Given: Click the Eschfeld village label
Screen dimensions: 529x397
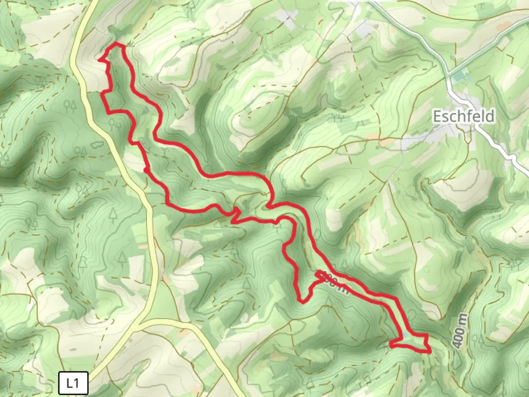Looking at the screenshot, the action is click(464, 117).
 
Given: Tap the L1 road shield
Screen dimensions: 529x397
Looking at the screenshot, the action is click(73, 383).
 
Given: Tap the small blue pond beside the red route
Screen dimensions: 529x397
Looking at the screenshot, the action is click(404, 335).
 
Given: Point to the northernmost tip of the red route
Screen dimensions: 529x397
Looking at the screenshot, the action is click(117, 44).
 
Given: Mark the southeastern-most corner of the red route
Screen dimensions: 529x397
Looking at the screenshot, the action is click(429, 352).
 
